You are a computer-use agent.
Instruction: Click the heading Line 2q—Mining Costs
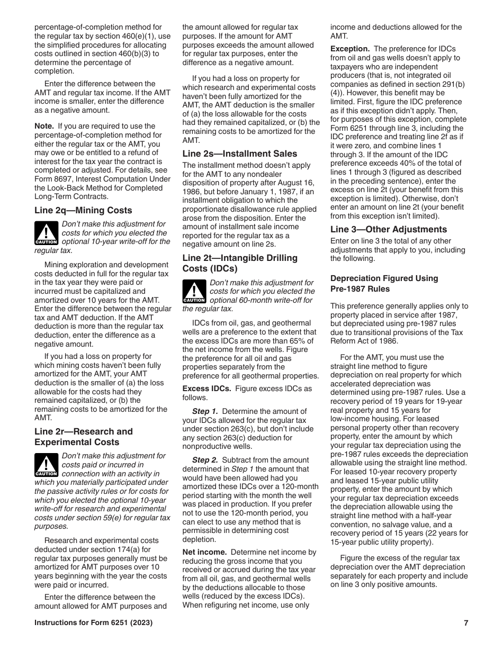[83, 210]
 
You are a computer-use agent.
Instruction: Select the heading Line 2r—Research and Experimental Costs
[84, 437]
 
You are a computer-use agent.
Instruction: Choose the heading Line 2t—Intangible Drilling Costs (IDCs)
[240, 263]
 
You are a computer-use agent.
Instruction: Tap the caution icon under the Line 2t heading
[194, 292]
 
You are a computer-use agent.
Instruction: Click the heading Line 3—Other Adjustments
[389, 229]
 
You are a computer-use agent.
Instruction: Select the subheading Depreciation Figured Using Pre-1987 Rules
[384, 284]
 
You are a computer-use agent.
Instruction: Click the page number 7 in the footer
[466, 623]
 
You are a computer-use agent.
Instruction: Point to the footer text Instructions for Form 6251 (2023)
[94, 623]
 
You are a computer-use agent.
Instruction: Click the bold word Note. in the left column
[44, 126]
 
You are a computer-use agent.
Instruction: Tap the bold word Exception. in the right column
[350, 49]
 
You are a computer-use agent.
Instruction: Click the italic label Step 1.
[205, 411]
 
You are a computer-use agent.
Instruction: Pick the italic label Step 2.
[205, 460]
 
